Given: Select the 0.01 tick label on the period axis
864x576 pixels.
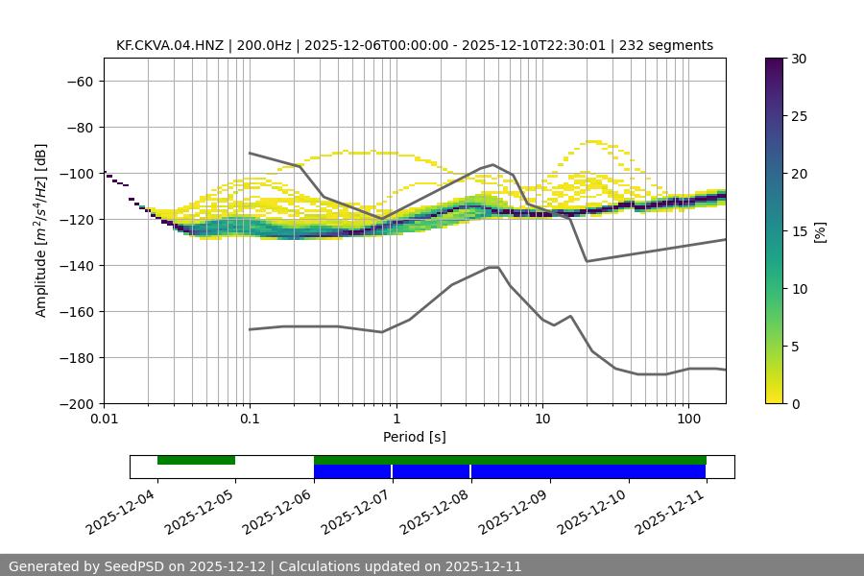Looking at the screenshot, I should [104, 420].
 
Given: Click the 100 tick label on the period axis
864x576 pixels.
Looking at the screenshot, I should [688, 420].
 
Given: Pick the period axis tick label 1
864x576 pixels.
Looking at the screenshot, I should [396, 420].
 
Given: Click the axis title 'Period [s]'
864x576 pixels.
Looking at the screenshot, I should [414, 437].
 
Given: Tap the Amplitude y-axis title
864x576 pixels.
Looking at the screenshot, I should [41, 230].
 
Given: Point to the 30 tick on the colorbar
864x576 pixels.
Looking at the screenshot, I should [799, 59].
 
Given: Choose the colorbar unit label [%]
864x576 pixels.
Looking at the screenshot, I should [820, 230].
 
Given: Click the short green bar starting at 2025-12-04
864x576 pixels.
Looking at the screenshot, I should [196, 460].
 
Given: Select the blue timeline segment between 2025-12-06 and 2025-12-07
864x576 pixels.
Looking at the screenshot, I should [352, 471].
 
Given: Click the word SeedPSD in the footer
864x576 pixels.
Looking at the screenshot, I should [133, 566].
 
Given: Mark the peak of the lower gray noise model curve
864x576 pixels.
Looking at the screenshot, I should [493, 267].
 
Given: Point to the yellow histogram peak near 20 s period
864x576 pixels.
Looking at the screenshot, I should [595, 141].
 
